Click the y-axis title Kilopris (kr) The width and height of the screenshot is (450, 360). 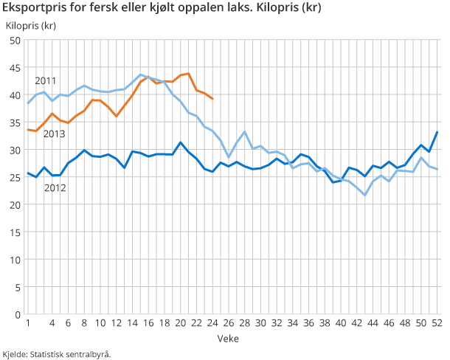pyautogui.click(x=30, y=26)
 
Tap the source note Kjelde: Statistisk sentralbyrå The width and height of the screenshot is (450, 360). pyautogui.click(x=57, y=353)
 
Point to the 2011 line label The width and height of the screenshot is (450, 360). pyautogui.click(x=46, y=80)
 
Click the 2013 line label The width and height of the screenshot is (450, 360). pyautogui.click(x=55, y=134)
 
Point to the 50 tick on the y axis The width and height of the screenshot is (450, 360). pyautogui.click(x=14, y=41)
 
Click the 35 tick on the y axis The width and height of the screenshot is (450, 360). pyautogui.click(x=14, y=122)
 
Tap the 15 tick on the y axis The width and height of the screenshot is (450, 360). pyautogui.click(x=14, y=232)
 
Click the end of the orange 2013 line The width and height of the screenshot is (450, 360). pyautogui.click(x=212, y=99)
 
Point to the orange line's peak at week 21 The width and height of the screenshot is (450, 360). pyautogui.click(x=189, y=74)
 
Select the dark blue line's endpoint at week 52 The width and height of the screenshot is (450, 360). pyautogui.click(x=438, y=132)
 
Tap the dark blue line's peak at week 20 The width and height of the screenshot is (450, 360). pyautogui.click(x=181, y=142)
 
